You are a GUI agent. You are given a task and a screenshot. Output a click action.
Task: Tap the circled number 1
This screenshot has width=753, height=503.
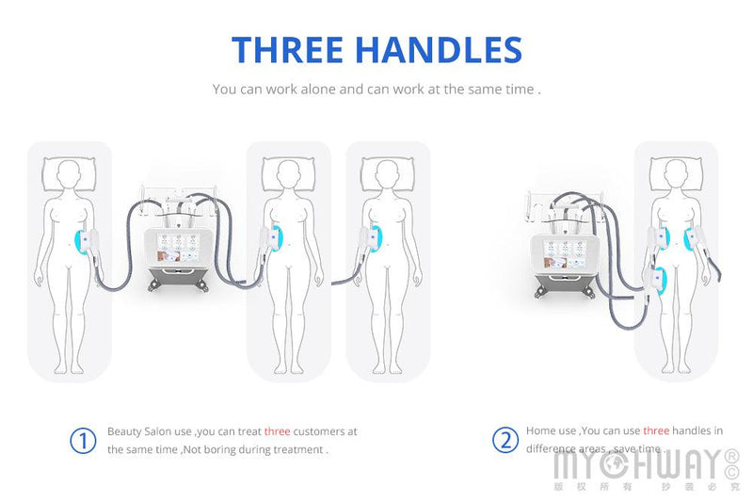[x=84, y=440]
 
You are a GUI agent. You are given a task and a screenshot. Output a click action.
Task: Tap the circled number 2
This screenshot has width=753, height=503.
[x=505, y=440]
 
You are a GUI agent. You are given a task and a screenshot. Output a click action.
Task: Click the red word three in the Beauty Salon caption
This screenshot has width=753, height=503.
[x=277, y=431]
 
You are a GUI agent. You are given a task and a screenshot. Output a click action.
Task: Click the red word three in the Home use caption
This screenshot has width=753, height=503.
[x=656, y=430]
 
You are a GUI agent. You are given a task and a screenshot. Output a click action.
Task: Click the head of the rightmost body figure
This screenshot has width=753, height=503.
[x=676, y=173]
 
